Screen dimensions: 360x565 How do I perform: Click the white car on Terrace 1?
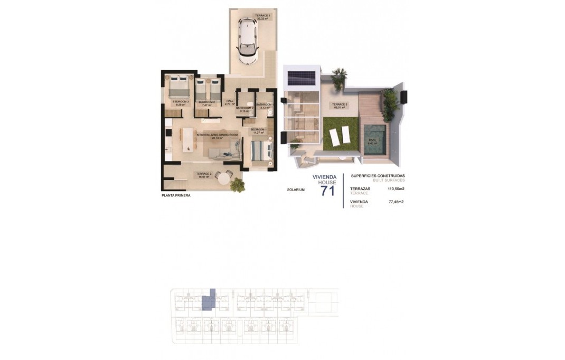247,41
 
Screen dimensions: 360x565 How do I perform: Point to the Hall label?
229,101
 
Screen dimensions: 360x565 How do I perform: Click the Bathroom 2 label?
245,108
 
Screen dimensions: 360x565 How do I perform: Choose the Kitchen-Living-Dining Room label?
217,135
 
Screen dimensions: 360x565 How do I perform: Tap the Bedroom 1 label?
258,129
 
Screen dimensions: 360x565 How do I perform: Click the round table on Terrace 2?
224,179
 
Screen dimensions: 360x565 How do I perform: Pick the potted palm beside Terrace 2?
238,184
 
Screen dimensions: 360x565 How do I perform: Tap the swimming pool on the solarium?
374,141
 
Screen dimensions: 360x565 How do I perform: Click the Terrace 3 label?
340,105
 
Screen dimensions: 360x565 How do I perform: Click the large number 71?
327,191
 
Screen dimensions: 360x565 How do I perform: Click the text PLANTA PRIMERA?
176,195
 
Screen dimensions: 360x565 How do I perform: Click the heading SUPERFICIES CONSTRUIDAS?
378,176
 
